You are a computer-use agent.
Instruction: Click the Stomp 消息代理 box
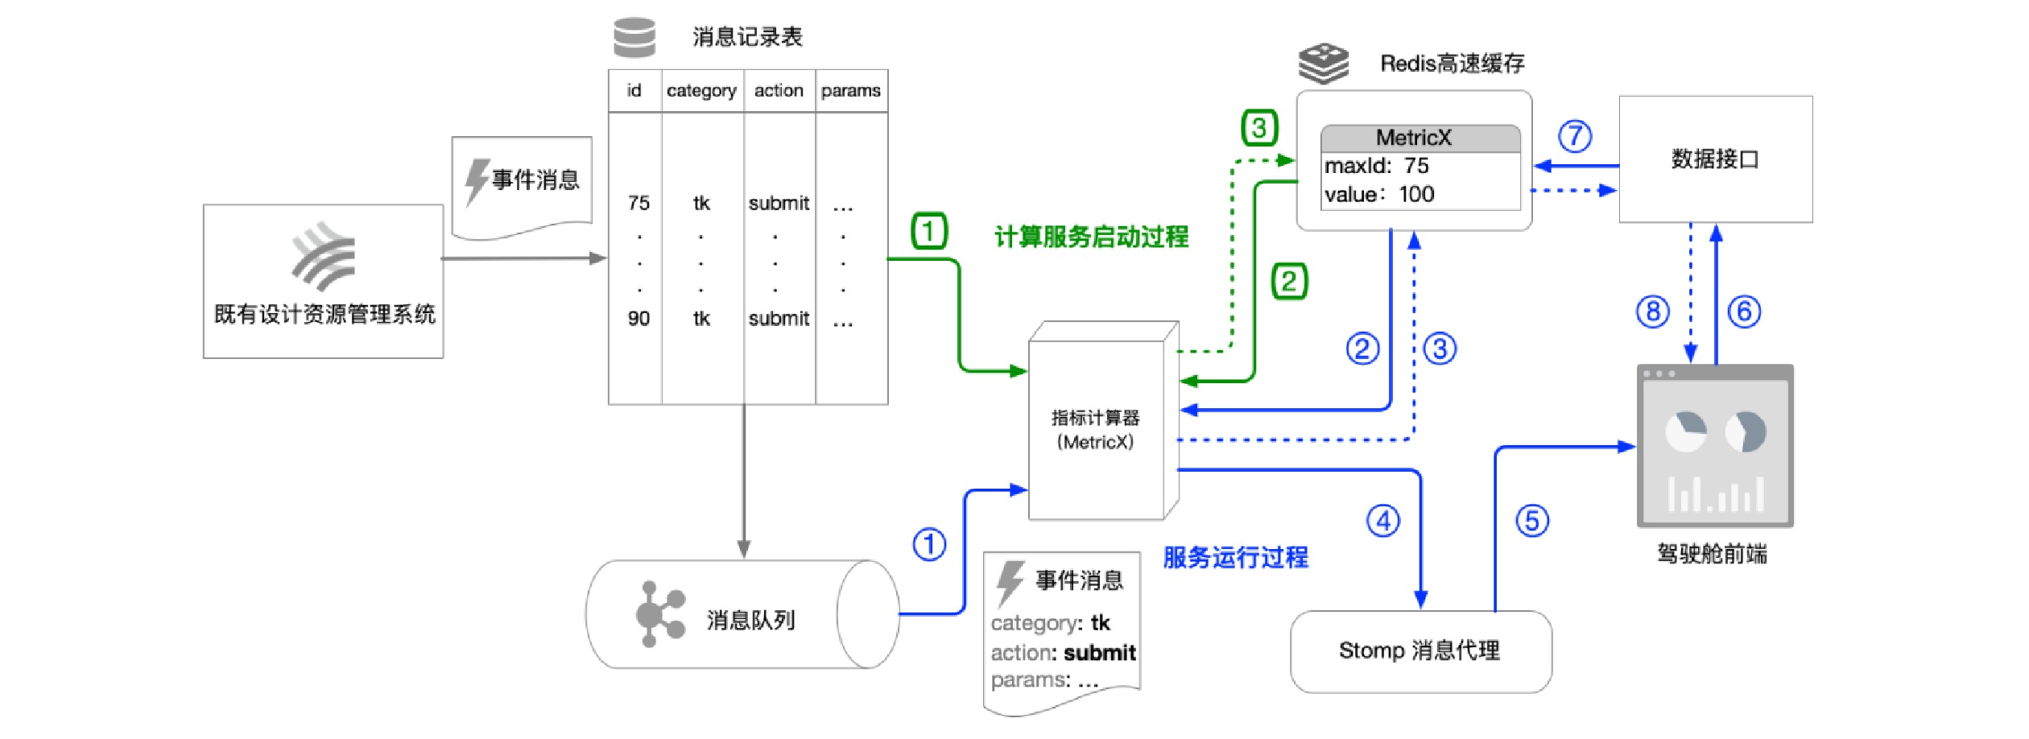(x=1420, y=650)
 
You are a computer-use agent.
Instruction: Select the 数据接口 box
(x=1715, y=159)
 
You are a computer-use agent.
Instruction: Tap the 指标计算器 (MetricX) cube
(x=1096, y=429)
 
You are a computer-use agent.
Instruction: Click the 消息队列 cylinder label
(x=750, y=620)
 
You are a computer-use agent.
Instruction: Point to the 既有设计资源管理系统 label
(x=324, y=314)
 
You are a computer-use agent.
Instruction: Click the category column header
(x=701, y=91)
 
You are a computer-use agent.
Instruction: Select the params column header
(x=850, y=91)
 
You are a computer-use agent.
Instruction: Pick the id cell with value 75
(x=638, y=203)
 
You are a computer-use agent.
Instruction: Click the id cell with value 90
(x=638, y=319)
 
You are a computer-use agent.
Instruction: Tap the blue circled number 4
(x=1383, y=521)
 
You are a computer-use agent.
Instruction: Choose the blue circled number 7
(x=1575, y=136)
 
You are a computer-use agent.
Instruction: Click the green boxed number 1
(x=928, y=231)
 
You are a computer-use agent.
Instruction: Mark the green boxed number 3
(x=1259, y=127)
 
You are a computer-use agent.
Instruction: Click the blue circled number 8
(x=1653, y=312)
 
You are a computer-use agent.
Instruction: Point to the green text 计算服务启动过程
(x=1092, y=237)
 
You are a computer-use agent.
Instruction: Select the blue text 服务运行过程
(x=1236, y=557)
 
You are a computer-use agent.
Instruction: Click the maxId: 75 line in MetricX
(x=1378, y=166)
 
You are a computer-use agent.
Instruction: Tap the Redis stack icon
(x=1324, y=64)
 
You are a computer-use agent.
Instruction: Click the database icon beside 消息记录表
(x=634, y=37)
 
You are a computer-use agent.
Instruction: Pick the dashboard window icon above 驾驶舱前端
(x=1715, y=446)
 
